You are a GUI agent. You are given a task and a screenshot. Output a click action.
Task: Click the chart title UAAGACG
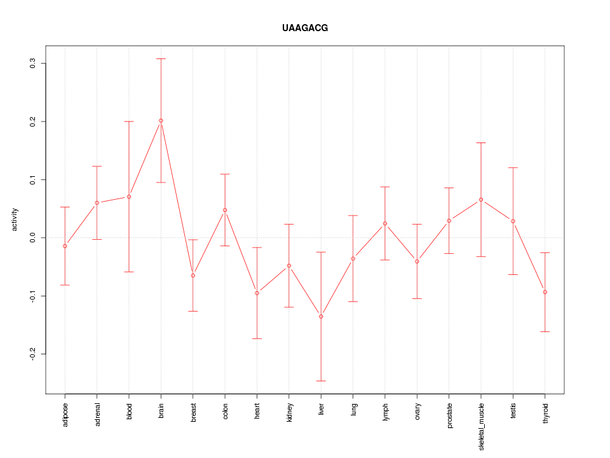(305, 29)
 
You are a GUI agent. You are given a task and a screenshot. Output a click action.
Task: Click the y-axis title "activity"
(15, 220)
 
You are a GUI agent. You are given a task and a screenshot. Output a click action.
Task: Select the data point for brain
(161, 121)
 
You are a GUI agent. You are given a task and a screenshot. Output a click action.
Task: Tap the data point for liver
(321, 316)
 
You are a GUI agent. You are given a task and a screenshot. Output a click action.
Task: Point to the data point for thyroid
(545, 292)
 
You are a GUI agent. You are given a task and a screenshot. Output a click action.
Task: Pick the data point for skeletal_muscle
(481, 200)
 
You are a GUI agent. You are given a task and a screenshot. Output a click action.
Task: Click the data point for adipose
(65, 246)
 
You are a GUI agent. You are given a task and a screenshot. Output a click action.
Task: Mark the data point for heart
(257, 293)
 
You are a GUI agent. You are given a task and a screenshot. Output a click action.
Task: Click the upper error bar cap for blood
(129, 121)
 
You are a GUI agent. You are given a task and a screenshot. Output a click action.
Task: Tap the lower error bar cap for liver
(321, 381)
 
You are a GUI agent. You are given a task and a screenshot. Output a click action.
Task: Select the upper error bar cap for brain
(161, 59)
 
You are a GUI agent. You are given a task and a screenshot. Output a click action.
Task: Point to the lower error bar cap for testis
(513, 274)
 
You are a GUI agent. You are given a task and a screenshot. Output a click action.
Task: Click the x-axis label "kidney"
(289, 413)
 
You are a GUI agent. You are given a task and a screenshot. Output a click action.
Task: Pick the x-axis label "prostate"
(449, 415)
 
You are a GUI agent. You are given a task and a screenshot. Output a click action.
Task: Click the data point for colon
(225, 210)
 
